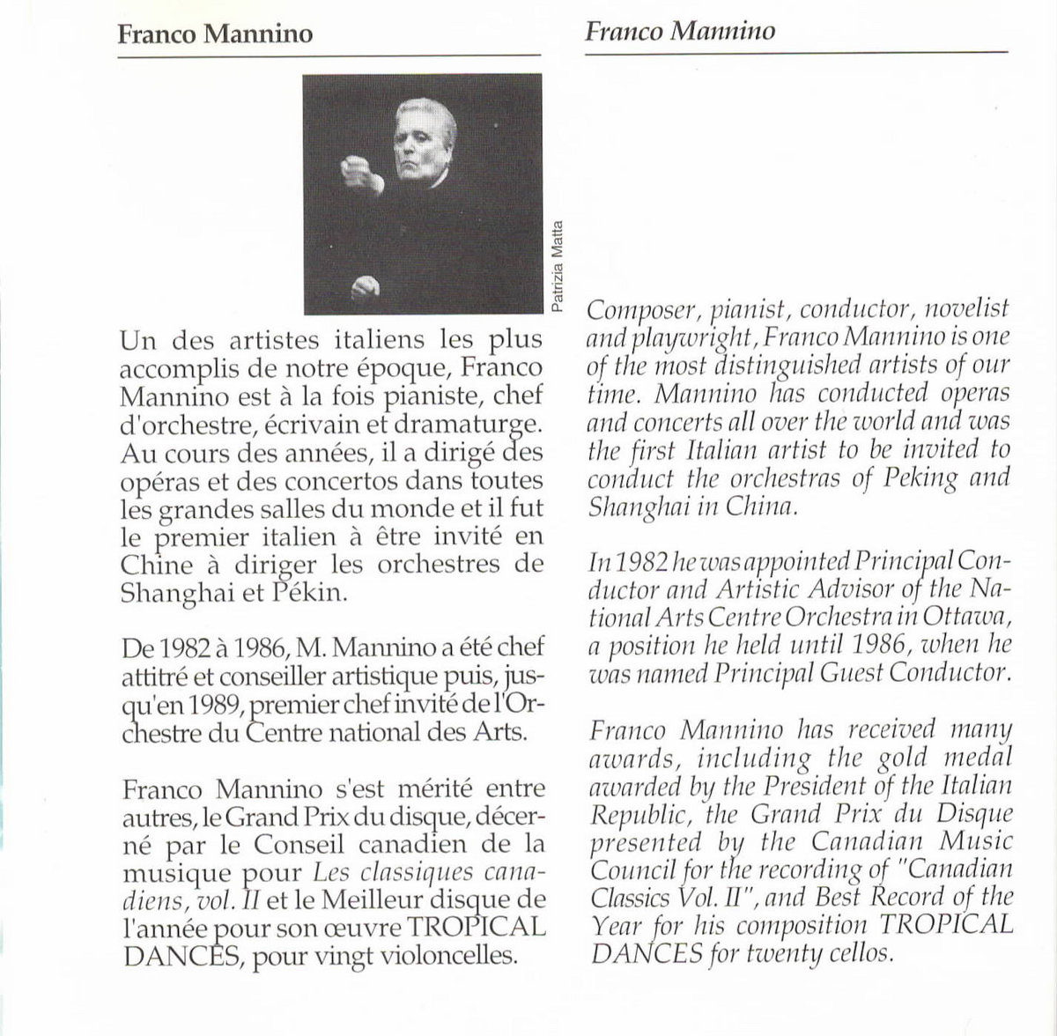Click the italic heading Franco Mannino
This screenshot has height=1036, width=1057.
679,33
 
